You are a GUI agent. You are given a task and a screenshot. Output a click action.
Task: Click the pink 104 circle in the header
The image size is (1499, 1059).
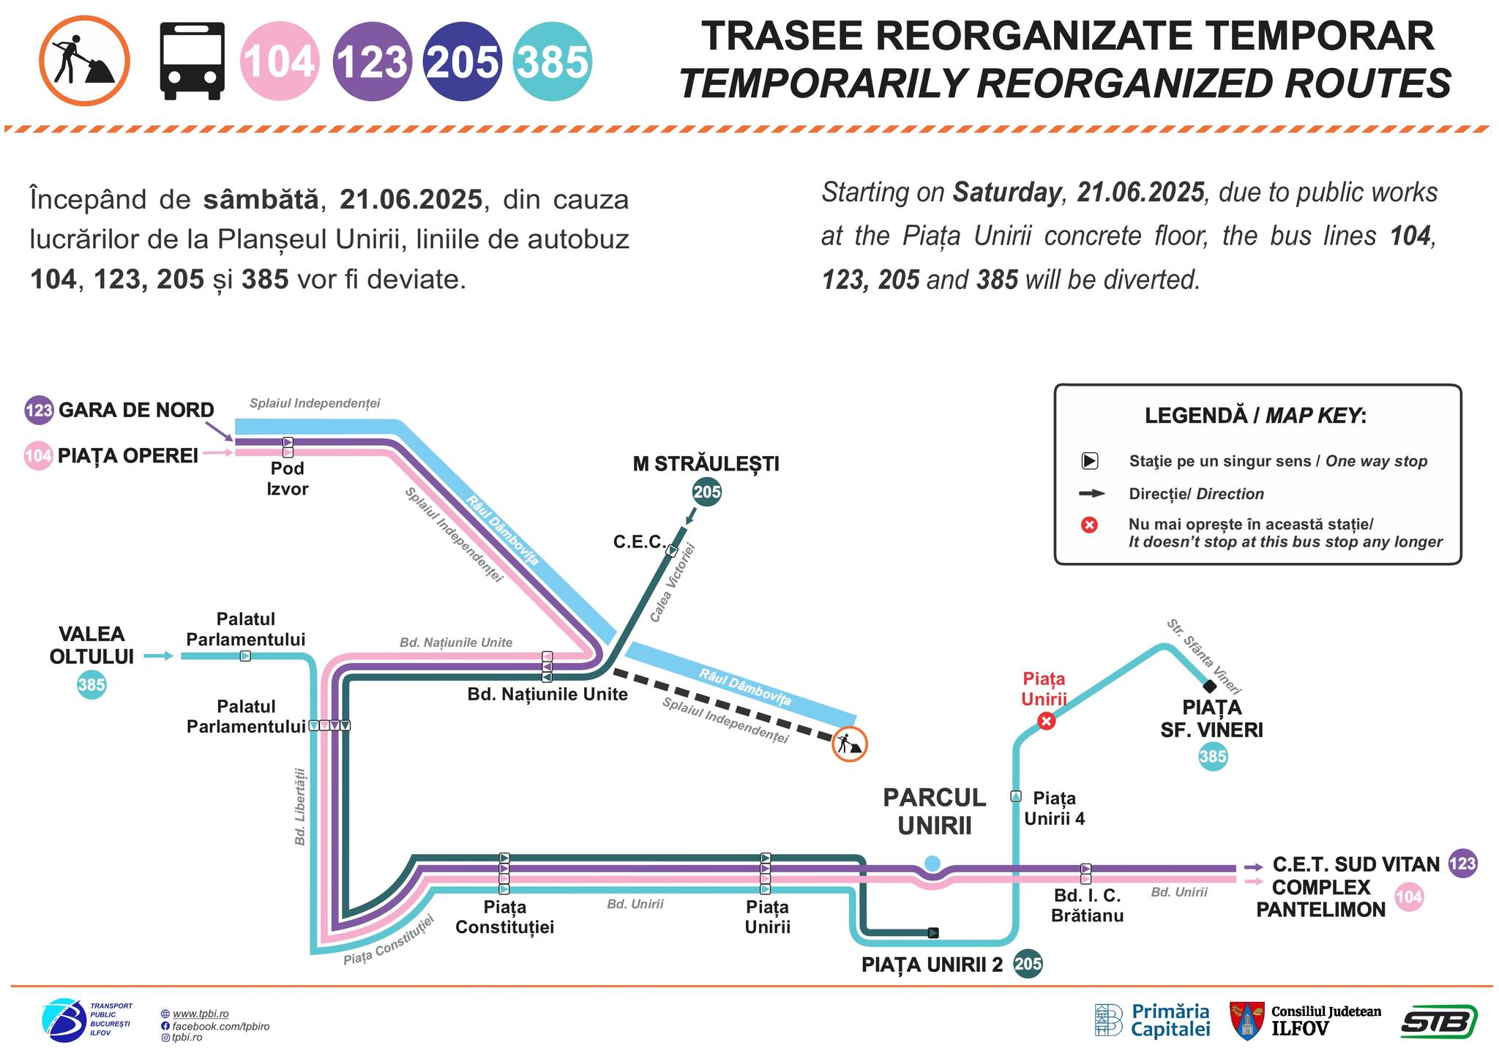tap(280, 61)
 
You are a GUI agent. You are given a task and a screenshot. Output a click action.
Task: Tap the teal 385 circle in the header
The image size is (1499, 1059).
tap(553, 61)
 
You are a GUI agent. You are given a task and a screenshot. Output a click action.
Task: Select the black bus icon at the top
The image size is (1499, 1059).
tap(192, 61)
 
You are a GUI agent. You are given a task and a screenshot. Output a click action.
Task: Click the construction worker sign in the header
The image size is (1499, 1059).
tap(84, 61)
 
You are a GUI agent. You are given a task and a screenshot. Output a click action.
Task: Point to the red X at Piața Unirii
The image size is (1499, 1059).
tap(1047, 722)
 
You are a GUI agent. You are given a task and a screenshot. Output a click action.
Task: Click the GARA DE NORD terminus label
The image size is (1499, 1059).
tap(136, 410)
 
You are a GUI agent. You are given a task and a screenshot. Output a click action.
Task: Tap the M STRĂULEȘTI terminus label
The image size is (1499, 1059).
tap(706, 464)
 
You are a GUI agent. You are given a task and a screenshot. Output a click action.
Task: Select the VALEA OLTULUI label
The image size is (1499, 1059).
tap(91, 645)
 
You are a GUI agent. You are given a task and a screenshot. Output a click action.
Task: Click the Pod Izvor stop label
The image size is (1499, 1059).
tap(287, 478)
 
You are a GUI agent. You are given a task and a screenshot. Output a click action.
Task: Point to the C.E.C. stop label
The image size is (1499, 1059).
tap(639, 542)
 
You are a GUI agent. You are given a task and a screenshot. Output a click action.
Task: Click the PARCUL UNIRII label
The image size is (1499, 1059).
tap(935, 812)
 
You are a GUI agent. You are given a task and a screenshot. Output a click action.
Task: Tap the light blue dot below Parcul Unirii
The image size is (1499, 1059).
tap(932, 864)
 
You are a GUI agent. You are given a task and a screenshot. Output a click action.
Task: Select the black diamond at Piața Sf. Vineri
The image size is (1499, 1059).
tap(1210, 686)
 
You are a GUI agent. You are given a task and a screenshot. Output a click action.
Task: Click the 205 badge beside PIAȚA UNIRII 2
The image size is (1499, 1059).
tap(1028, 964)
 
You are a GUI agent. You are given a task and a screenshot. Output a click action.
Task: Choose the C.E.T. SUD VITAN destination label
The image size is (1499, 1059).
tap(1356, 864)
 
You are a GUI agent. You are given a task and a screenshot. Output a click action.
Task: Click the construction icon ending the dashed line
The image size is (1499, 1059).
tap(850, 744)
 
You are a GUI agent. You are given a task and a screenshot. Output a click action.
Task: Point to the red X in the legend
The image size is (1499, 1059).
tap(1090, 525)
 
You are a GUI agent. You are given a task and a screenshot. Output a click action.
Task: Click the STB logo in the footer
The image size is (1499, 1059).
tap(1439, 1022)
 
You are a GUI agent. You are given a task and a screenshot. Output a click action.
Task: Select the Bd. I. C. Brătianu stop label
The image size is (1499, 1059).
tap(1087, 905)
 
